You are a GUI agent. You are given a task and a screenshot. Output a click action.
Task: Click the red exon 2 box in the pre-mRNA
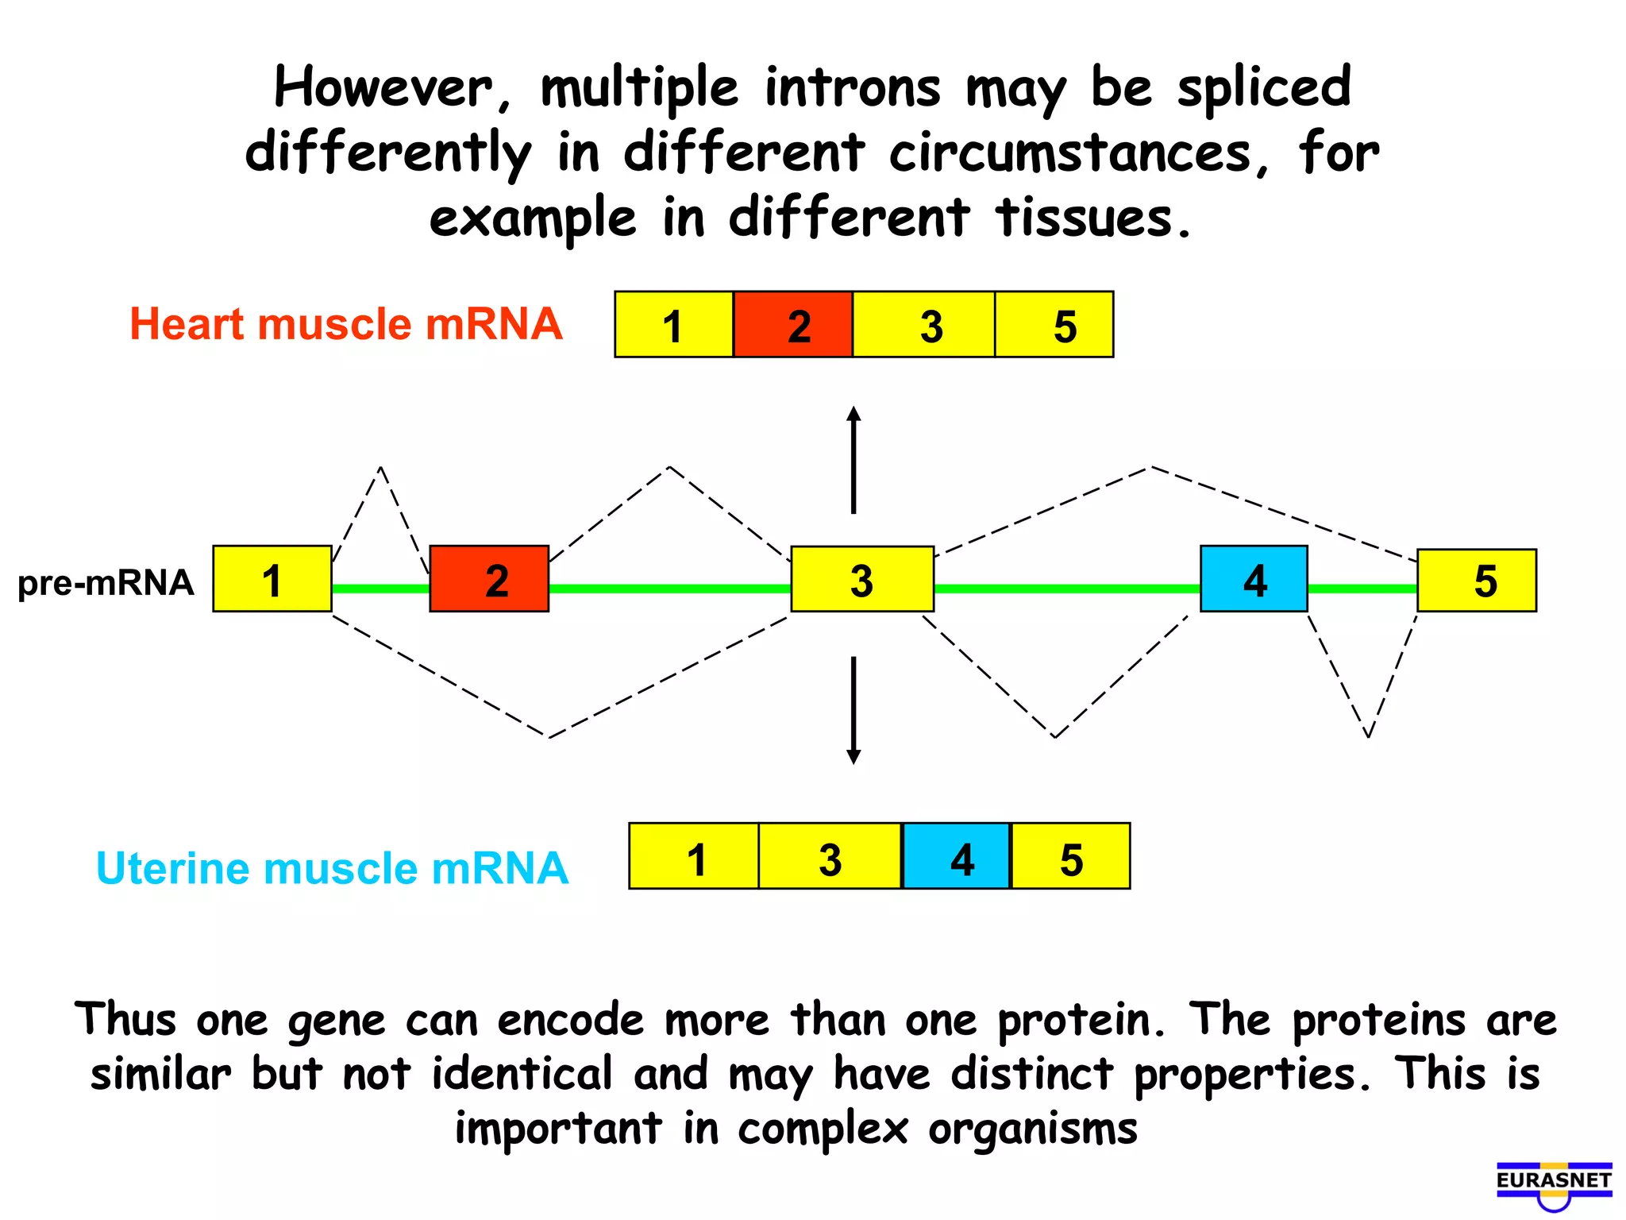coord(489,579)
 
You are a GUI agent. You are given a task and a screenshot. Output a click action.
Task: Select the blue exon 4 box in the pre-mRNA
coord(1254,579)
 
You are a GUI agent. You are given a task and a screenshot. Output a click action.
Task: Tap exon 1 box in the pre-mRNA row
coord(272,579)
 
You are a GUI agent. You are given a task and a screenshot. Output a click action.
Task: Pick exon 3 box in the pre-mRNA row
coord(862,579)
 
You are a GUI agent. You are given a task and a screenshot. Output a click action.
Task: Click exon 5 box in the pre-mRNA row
coord(1477,581)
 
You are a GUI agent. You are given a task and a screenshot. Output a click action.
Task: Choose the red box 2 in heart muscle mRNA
coord(793,325)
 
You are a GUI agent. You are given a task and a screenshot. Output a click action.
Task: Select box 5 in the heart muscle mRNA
coord(1054,325)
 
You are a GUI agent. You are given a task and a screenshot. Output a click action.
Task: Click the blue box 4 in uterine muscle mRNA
coord(957,856)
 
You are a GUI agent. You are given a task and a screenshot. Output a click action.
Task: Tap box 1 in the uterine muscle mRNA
coord(694,856)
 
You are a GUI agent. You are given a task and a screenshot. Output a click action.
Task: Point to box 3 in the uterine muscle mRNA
coord(830,856)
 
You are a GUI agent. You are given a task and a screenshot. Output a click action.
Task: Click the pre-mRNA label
coord(106,582)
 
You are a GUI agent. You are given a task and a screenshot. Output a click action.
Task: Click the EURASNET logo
coord(1554,1183)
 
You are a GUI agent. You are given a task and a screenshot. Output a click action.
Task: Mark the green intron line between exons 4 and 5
coord(1362,589)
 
